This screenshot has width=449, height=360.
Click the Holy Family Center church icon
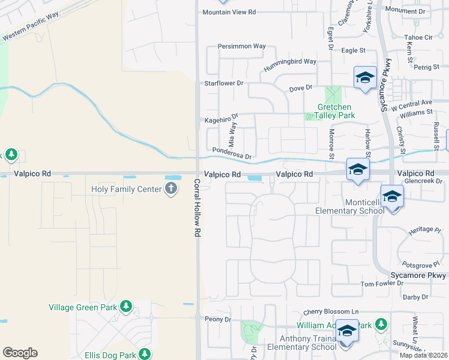[171, 190]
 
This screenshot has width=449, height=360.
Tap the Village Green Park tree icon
[125, 307]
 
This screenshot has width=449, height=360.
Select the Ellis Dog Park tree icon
[143, 354]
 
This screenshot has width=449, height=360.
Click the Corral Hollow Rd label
[196, 208]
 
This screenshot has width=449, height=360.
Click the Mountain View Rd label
[229, 12]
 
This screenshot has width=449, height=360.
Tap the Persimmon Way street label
[241, 46]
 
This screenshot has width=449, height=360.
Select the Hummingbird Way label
[293, 61]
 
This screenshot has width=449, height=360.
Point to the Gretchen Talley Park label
[336, 111]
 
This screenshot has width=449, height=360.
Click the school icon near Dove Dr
[364, 78]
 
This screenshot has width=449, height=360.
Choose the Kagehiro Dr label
[221, 118]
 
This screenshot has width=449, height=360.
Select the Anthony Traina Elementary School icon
[347, 331]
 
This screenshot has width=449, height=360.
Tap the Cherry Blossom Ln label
[331, 312]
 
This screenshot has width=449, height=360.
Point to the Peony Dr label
[218, 319]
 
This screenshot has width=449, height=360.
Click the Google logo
[20, 353]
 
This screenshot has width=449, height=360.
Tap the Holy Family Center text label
[126, 190]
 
